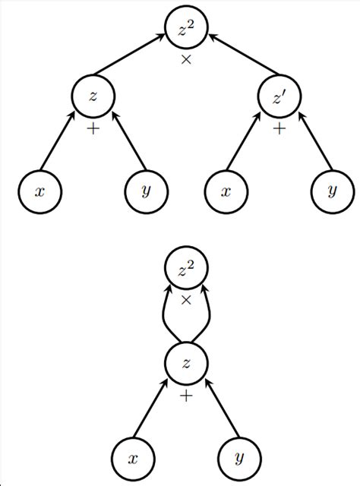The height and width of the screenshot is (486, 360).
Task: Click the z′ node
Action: [279, 96]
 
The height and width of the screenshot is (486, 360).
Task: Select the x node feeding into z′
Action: [226, 191]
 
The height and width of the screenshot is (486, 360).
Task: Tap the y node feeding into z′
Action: [332, 191]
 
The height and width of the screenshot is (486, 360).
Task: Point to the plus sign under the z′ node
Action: [279, 130]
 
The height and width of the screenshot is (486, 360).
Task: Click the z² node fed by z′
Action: [186, 31]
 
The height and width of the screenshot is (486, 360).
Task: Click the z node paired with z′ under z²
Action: [93, 96]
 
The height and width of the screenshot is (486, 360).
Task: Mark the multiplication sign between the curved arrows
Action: [186, 301]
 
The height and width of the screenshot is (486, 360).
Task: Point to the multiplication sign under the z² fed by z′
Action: [186, 59]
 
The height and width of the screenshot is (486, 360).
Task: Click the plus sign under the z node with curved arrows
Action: [186, 396]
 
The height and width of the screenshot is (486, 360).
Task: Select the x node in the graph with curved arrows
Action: [132, 457]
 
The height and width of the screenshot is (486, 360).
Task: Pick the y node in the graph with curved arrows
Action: [239, 457]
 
